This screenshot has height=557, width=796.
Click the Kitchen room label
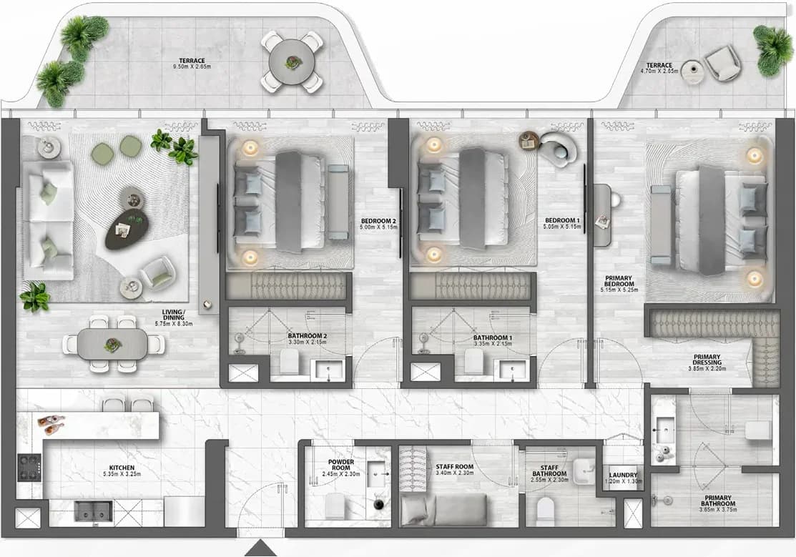click(122, 468)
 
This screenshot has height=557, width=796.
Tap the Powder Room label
click(341, 465)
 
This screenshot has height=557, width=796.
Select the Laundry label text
click(623, 475)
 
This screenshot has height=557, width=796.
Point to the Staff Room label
click(454, 467)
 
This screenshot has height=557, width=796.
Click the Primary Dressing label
click(707, 360)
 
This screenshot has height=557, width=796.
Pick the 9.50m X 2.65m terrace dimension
click(192, 66)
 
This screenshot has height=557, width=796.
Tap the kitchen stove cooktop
click(29, 468)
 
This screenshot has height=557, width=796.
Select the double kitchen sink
click(94, 511)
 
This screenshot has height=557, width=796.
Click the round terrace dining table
click(291, 62)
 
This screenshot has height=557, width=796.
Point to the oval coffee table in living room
click(127, 229)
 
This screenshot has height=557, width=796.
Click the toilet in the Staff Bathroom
click(546, 509)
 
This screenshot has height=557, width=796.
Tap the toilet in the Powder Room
click(335, 506)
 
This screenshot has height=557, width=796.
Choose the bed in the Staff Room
click(443, 510)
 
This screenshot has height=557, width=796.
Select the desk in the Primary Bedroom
click(602, 215)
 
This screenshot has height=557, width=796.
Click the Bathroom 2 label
click(307, 336)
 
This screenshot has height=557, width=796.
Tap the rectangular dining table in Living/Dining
click(112, 344)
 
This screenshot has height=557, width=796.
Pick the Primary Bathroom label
click(718, 501)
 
